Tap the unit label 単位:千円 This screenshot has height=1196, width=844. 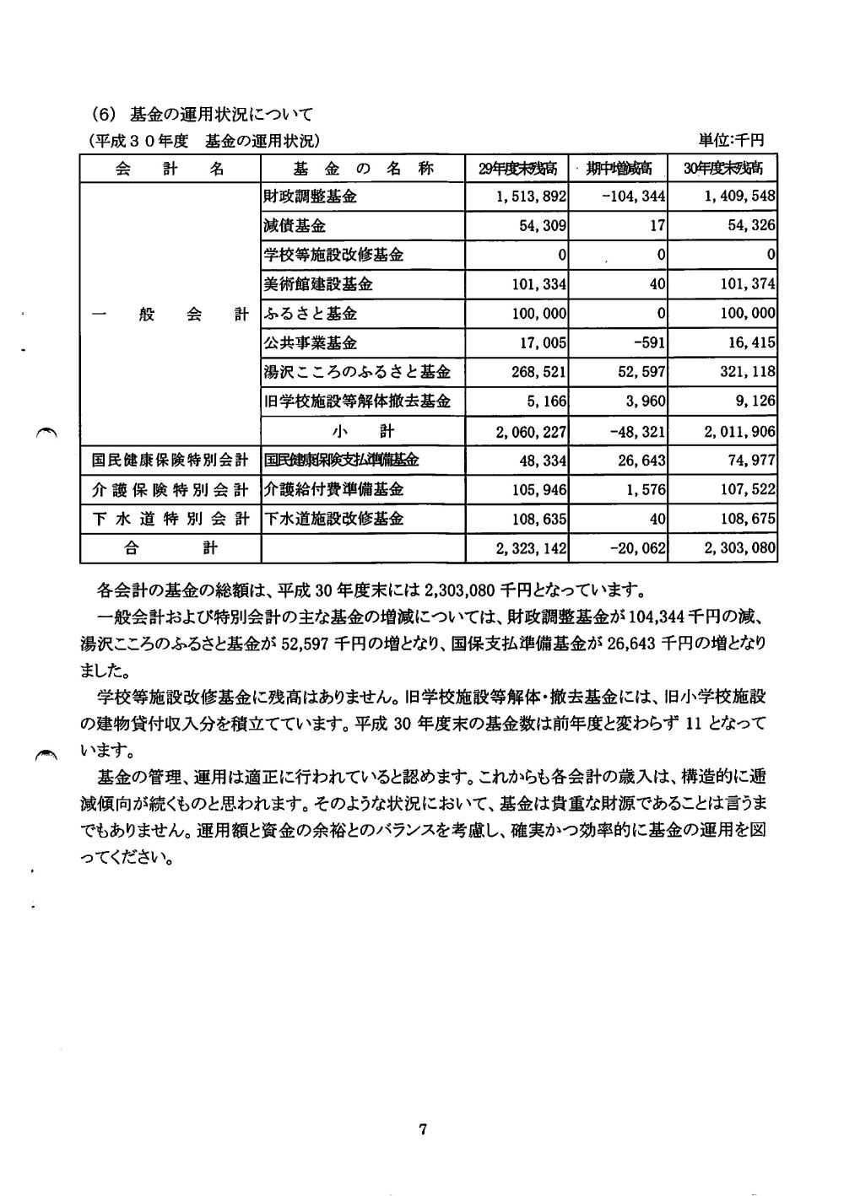click(x=731, y=139)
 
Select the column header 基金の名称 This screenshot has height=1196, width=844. click(x=363, y=168)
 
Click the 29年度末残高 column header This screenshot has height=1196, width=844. click(x=517, y=169)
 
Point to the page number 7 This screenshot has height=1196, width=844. click(x=423, y=1129)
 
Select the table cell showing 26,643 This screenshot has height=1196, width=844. click(x=636, y=461)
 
